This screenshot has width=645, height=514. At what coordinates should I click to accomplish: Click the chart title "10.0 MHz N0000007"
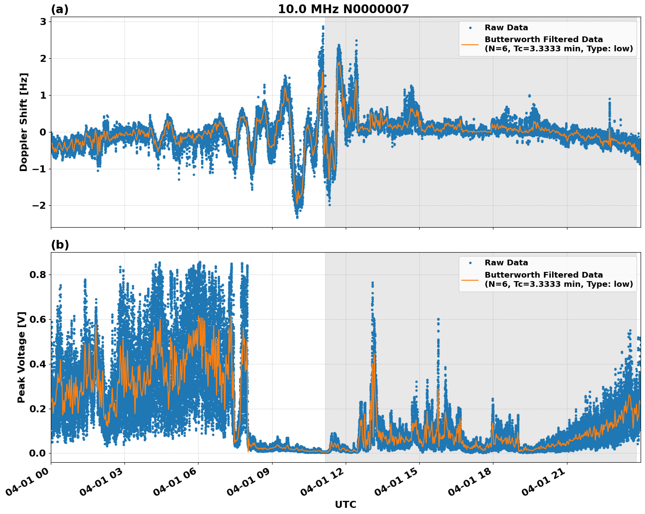343,9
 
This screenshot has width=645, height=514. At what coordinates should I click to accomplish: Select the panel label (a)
60,9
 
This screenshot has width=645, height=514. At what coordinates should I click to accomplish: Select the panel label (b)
60,245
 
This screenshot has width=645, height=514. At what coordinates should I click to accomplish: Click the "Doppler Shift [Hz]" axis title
24,122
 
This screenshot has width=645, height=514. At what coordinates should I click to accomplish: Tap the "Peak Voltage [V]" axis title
21,357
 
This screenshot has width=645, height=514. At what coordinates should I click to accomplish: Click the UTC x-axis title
345,504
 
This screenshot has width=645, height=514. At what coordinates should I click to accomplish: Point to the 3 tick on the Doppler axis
43,21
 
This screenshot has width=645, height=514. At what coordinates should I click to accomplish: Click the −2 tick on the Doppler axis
39,205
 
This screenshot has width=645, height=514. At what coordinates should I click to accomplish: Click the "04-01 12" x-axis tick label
324,484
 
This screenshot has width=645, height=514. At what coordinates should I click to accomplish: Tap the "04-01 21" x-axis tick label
545,484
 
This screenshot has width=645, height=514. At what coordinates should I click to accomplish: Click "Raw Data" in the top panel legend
506,28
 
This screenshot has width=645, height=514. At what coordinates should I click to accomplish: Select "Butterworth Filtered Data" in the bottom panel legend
543,275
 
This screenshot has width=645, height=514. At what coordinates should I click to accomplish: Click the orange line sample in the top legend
470,44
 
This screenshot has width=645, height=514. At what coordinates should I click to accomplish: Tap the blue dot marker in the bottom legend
470,263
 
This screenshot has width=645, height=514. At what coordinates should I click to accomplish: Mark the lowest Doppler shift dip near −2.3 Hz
297,217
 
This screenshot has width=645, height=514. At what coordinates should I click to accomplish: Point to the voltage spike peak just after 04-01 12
372,283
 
